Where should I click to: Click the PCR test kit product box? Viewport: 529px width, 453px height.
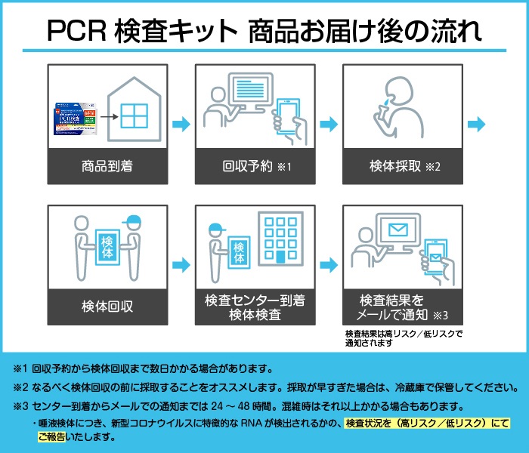(x=75, y=119)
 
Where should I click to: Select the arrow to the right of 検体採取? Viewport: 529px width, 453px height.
(x=477, y=124)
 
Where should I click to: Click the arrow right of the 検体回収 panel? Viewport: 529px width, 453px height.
(x=181, y=264)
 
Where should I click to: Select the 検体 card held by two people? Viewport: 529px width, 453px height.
(x=107, y=248)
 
